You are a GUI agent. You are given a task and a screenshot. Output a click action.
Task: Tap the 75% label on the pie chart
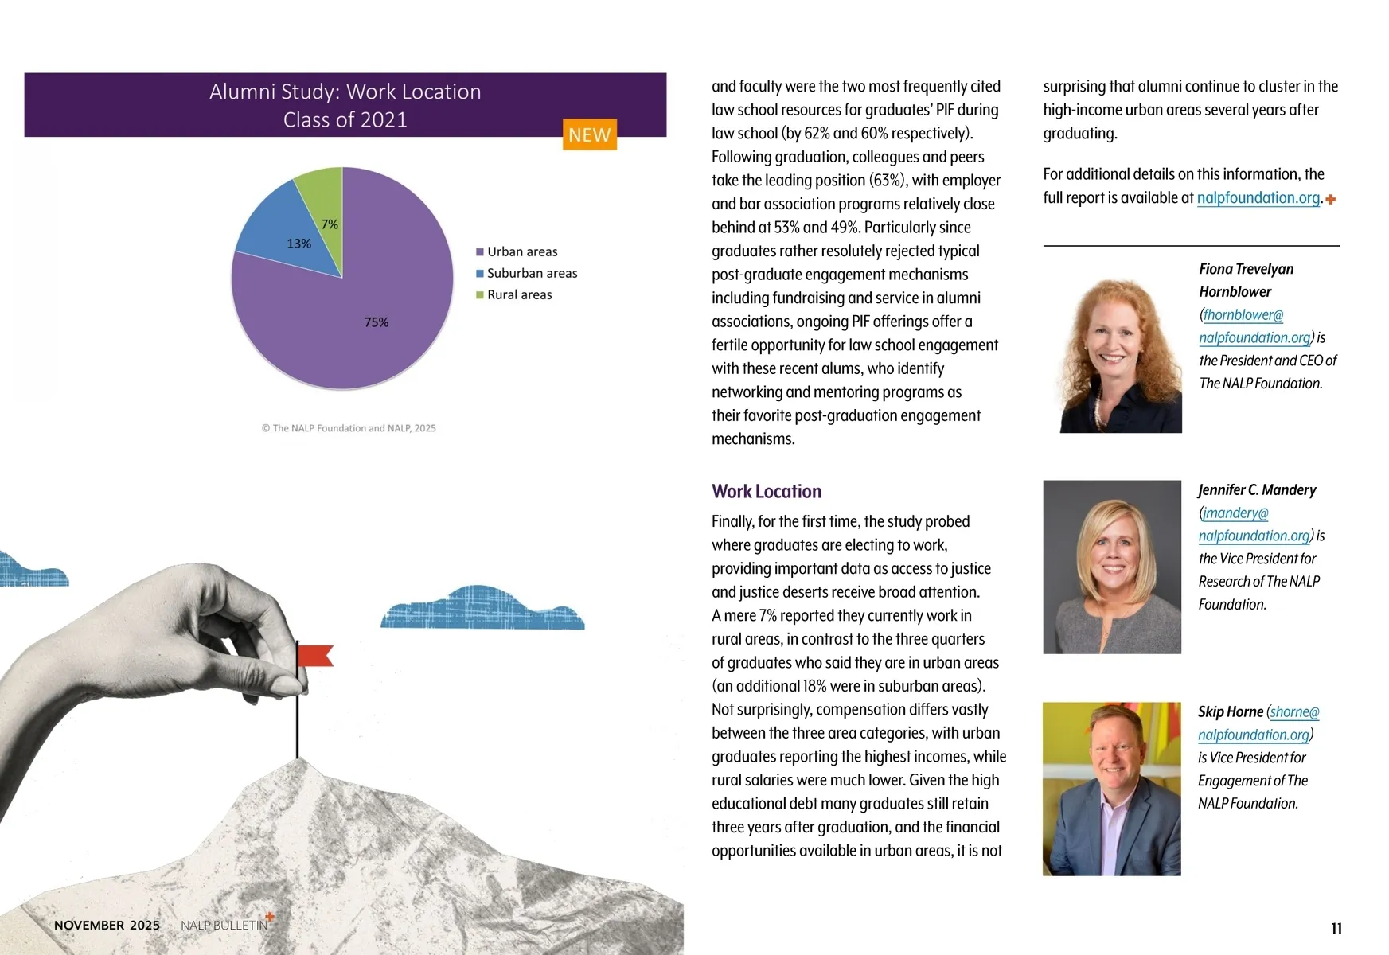377,322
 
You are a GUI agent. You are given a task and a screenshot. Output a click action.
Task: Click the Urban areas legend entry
521,251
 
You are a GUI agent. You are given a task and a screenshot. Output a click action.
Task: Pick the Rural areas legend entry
519,294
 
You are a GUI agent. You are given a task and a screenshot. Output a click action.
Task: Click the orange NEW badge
589,134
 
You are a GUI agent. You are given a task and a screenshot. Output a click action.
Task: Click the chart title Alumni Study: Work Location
345,92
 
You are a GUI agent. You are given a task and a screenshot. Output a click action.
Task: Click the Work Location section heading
766,491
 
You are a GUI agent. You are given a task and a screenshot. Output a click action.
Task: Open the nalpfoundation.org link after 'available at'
1258,197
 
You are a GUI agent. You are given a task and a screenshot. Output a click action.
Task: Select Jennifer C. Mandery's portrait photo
1111,567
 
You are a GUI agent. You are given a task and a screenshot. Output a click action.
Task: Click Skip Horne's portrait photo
1111,789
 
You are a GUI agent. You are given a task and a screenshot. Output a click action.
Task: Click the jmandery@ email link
1235,513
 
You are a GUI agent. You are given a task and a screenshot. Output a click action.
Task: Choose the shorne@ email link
1294,711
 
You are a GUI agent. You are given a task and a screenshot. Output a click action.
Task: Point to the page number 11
1336,928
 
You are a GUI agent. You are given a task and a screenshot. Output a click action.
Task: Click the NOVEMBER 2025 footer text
107,925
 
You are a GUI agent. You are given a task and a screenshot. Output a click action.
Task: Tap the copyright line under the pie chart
348,428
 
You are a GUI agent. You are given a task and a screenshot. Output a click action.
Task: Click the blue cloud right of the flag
482,610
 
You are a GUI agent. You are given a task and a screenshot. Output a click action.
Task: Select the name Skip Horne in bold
1230,711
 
